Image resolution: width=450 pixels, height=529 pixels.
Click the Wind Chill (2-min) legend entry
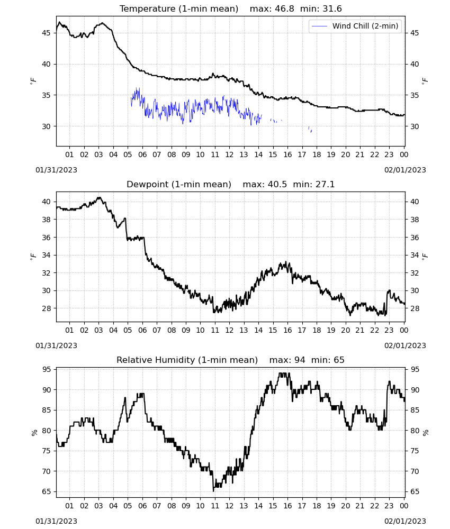355,26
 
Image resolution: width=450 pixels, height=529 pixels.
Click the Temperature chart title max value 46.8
285,9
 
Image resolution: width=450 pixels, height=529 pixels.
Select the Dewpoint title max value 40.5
277,185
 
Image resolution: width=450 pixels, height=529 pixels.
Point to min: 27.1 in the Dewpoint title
313,185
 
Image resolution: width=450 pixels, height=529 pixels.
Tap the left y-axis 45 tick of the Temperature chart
46,33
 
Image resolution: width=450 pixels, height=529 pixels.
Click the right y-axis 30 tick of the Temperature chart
415,126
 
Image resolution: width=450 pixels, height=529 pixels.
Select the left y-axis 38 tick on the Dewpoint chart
46,220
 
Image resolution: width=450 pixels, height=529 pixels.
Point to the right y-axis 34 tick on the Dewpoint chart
415,255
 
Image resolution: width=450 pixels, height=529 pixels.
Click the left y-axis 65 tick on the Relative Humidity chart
46,491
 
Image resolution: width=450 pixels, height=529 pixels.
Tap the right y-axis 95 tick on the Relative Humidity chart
415,369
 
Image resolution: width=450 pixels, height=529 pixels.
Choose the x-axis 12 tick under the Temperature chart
229,154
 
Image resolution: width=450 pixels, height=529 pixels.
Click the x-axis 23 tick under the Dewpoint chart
389,330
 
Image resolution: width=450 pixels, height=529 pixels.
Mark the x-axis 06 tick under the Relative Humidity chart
142,506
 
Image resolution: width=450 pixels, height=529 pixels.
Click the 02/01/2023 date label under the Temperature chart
405,170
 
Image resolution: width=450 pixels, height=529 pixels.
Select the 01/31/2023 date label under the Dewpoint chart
56,345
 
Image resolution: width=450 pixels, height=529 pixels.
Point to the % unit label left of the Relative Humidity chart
34,433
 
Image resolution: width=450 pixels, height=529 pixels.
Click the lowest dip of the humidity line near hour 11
213,491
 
